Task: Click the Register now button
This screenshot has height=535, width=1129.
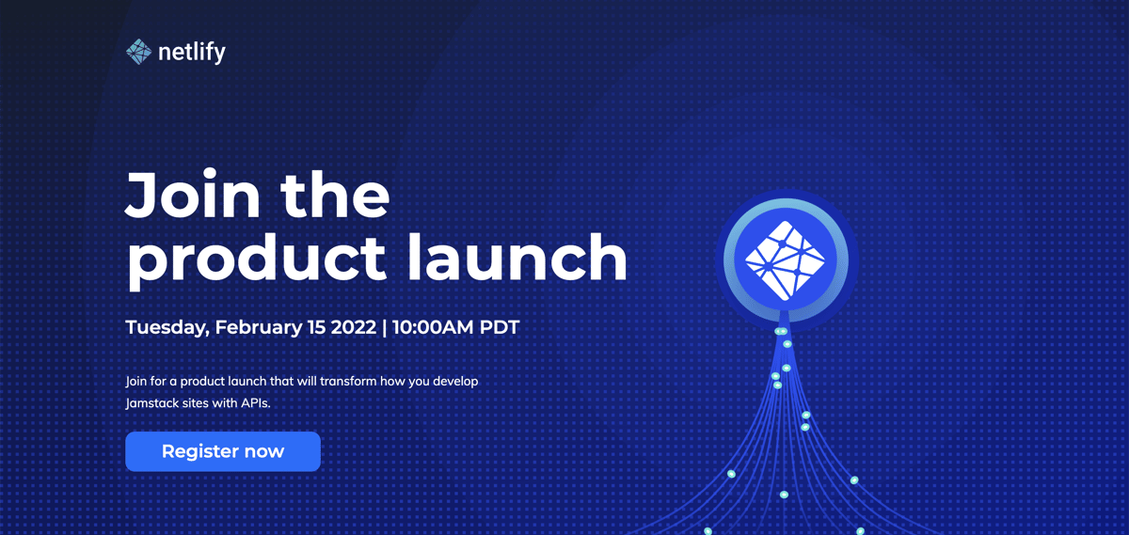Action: pos(223,451)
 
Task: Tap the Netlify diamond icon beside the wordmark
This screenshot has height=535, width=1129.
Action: pos(138,52)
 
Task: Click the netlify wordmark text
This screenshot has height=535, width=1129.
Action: pos(192,53)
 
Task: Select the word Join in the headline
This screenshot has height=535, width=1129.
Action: pos(193,194)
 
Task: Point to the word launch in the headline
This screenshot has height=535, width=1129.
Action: pos(517,257)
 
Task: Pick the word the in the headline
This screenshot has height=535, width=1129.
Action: pos(335,194)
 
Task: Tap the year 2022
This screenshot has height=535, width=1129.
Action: pos(354,327)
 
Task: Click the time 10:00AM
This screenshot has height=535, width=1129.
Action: pos(433,327)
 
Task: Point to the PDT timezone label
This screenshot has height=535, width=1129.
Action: pos(499,327)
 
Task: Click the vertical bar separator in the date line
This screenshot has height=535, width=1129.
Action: pos(385,327)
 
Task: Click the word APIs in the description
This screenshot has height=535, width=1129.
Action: pos(256,403)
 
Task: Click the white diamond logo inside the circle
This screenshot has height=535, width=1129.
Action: pos(785,260)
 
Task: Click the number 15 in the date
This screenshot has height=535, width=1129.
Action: pos(316,327)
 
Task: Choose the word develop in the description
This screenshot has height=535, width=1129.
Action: pos(455,382)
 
